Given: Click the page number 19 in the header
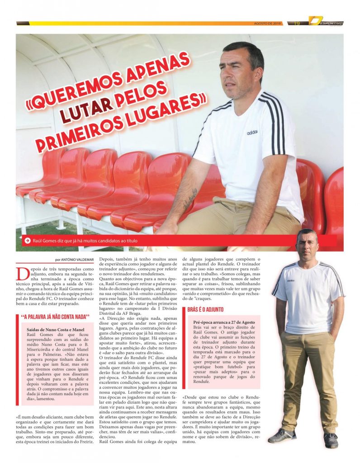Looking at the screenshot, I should [297, 24].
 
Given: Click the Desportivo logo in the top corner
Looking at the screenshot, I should [326, 22].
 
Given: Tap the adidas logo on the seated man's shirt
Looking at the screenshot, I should [252, 132].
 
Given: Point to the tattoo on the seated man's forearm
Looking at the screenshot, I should [190, 199].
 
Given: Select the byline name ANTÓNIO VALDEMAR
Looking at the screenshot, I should [79, 260].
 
